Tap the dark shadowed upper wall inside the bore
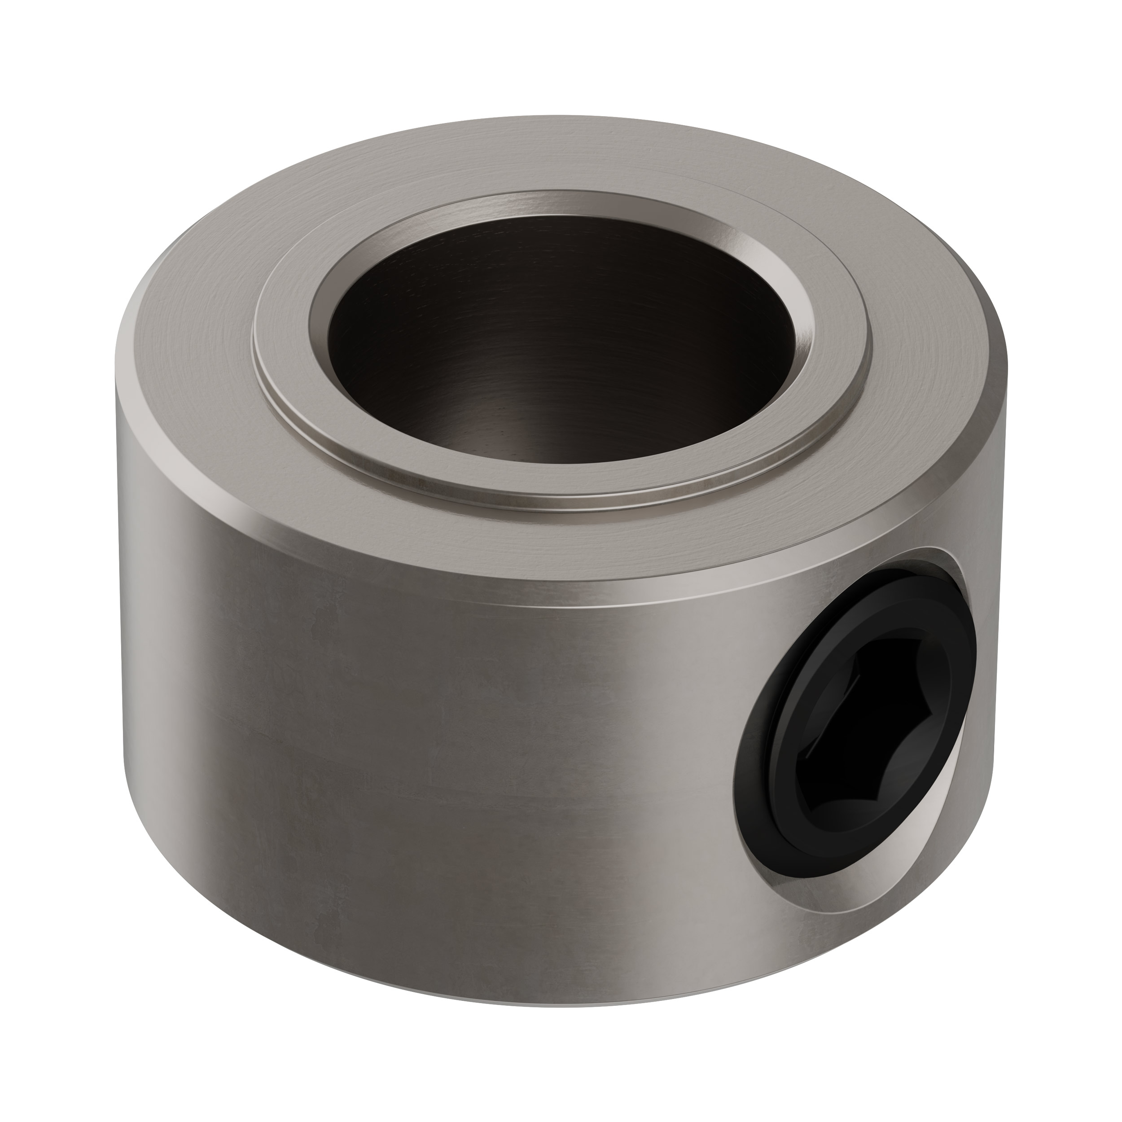557,261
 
